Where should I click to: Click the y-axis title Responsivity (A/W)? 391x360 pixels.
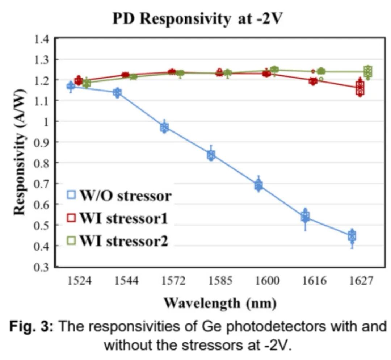[x=21, y=152]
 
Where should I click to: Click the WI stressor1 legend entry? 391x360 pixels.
[x=118, y=218]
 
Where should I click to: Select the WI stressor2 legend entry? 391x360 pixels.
[x=118, y=241]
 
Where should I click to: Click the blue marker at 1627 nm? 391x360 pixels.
[x=352, y=236]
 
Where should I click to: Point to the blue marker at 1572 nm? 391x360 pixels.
[x=165, y=127]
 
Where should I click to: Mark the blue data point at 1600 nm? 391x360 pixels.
[x=258, y=186]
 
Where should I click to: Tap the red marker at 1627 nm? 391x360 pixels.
[x=360, y=88]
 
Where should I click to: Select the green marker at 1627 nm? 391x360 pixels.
[x=368, y=71]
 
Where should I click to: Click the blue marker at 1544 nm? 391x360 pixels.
[x=117, y=93]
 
